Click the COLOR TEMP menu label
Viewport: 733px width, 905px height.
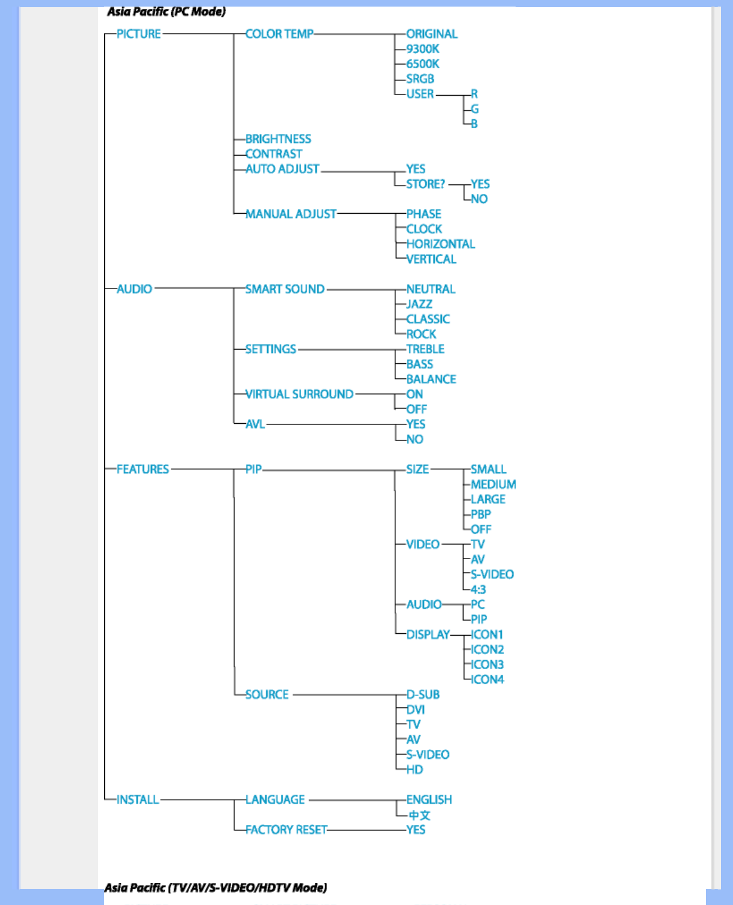[279, 34]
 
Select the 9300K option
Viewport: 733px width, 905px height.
[423, 49]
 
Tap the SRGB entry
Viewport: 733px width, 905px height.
[420, 79]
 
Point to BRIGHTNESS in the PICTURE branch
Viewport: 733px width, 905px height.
[278, 139]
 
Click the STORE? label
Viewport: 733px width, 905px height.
[425, 184]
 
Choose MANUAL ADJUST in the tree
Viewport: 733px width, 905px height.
[290, 214]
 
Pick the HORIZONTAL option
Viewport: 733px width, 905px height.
[440, 244]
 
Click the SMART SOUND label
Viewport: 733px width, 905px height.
[284, 289]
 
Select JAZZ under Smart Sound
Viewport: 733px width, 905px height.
[419, 304]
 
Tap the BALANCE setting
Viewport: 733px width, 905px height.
[431, 379]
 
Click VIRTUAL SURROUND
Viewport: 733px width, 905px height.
[299, 394]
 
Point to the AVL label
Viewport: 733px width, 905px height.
[255, 424]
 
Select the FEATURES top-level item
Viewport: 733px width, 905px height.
[143, 469]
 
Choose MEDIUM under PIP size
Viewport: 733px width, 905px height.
[493, 484]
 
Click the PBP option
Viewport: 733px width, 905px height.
[480, 514]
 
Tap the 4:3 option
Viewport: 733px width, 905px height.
[478, 590]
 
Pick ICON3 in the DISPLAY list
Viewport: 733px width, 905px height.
[487, 664]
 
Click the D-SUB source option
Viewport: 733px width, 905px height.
[423, 694]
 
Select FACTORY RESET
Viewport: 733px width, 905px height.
[286, 830]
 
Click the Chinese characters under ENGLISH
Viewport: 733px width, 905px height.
[419, 815]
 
